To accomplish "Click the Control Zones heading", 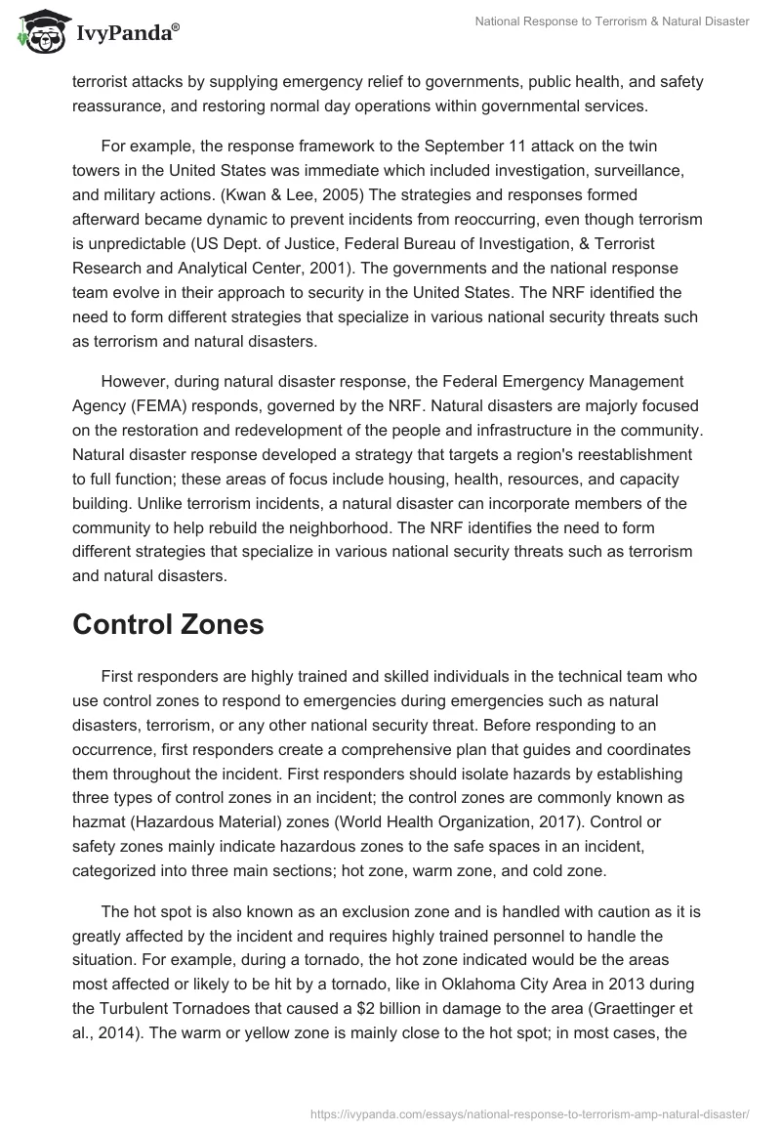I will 168,624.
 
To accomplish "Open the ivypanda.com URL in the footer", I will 530,1112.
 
